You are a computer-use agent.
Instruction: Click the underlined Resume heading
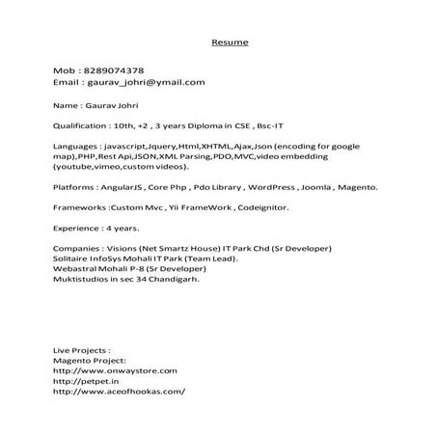click(x=230, y=42)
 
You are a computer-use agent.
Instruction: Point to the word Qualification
click(x=82, y=125)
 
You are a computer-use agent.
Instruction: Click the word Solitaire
click(x=72, y=258)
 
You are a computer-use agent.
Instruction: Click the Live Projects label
click(x=81, y=349)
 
